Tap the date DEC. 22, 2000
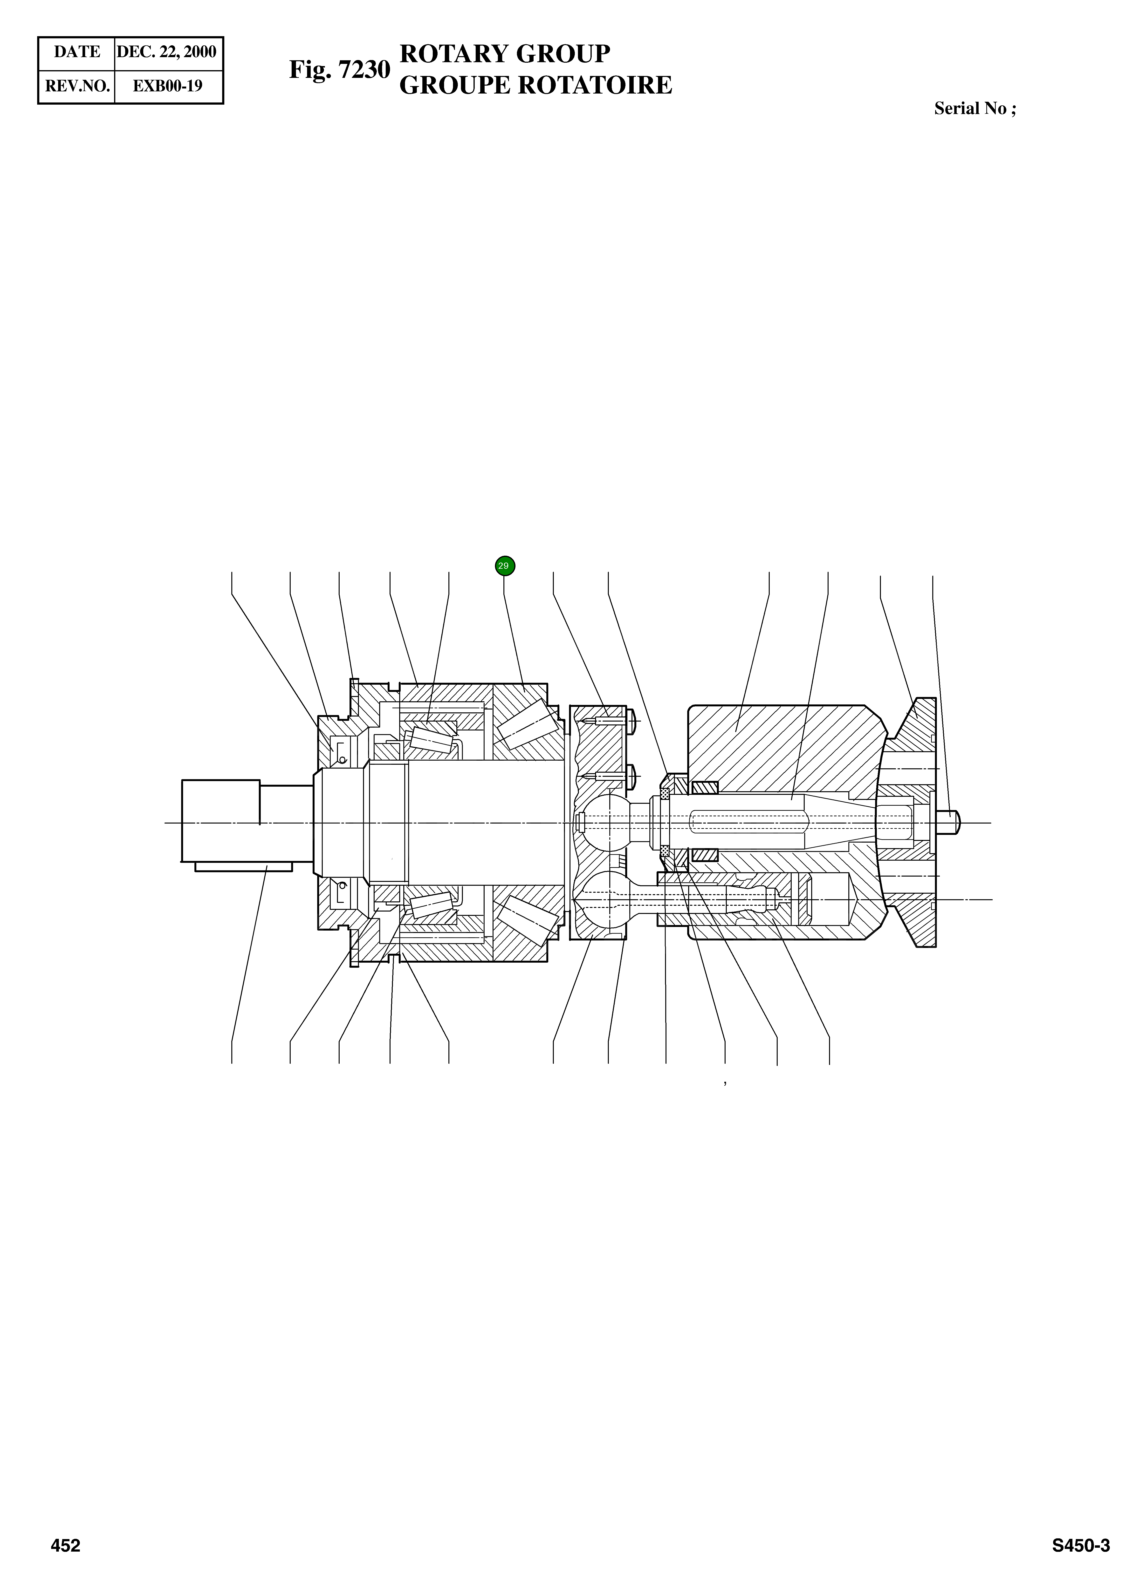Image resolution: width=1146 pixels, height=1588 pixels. (x=167, y=52)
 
